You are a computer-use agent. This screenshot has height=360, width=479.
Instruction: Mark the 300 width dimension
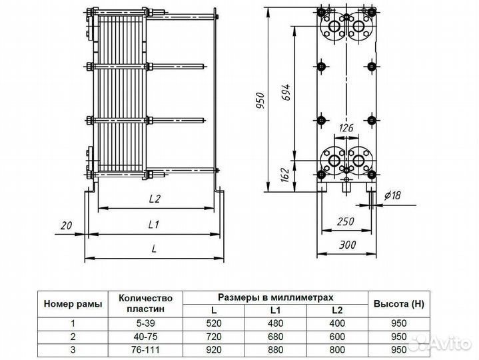[346, 245]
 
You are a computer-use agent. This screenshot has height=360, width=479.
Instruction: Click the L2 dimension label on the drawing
[155, 199]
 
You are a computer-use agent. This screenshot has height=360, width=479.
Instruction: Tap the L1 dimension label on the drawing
[153, 225]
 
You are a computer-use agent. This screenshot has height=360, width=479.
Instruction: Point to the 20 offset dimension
[65, 225]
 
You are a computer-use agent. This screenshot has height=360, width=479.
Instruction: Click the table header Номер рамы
[73, 304]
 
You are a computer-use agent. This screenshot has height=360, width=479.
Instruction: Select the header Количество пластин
[149, 304]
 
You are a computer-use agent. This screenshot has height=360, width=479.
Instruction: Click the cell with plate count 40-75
[149, 337]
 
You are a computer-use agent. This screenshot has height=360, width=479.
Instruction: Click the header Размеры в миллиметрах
[275, 297]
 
